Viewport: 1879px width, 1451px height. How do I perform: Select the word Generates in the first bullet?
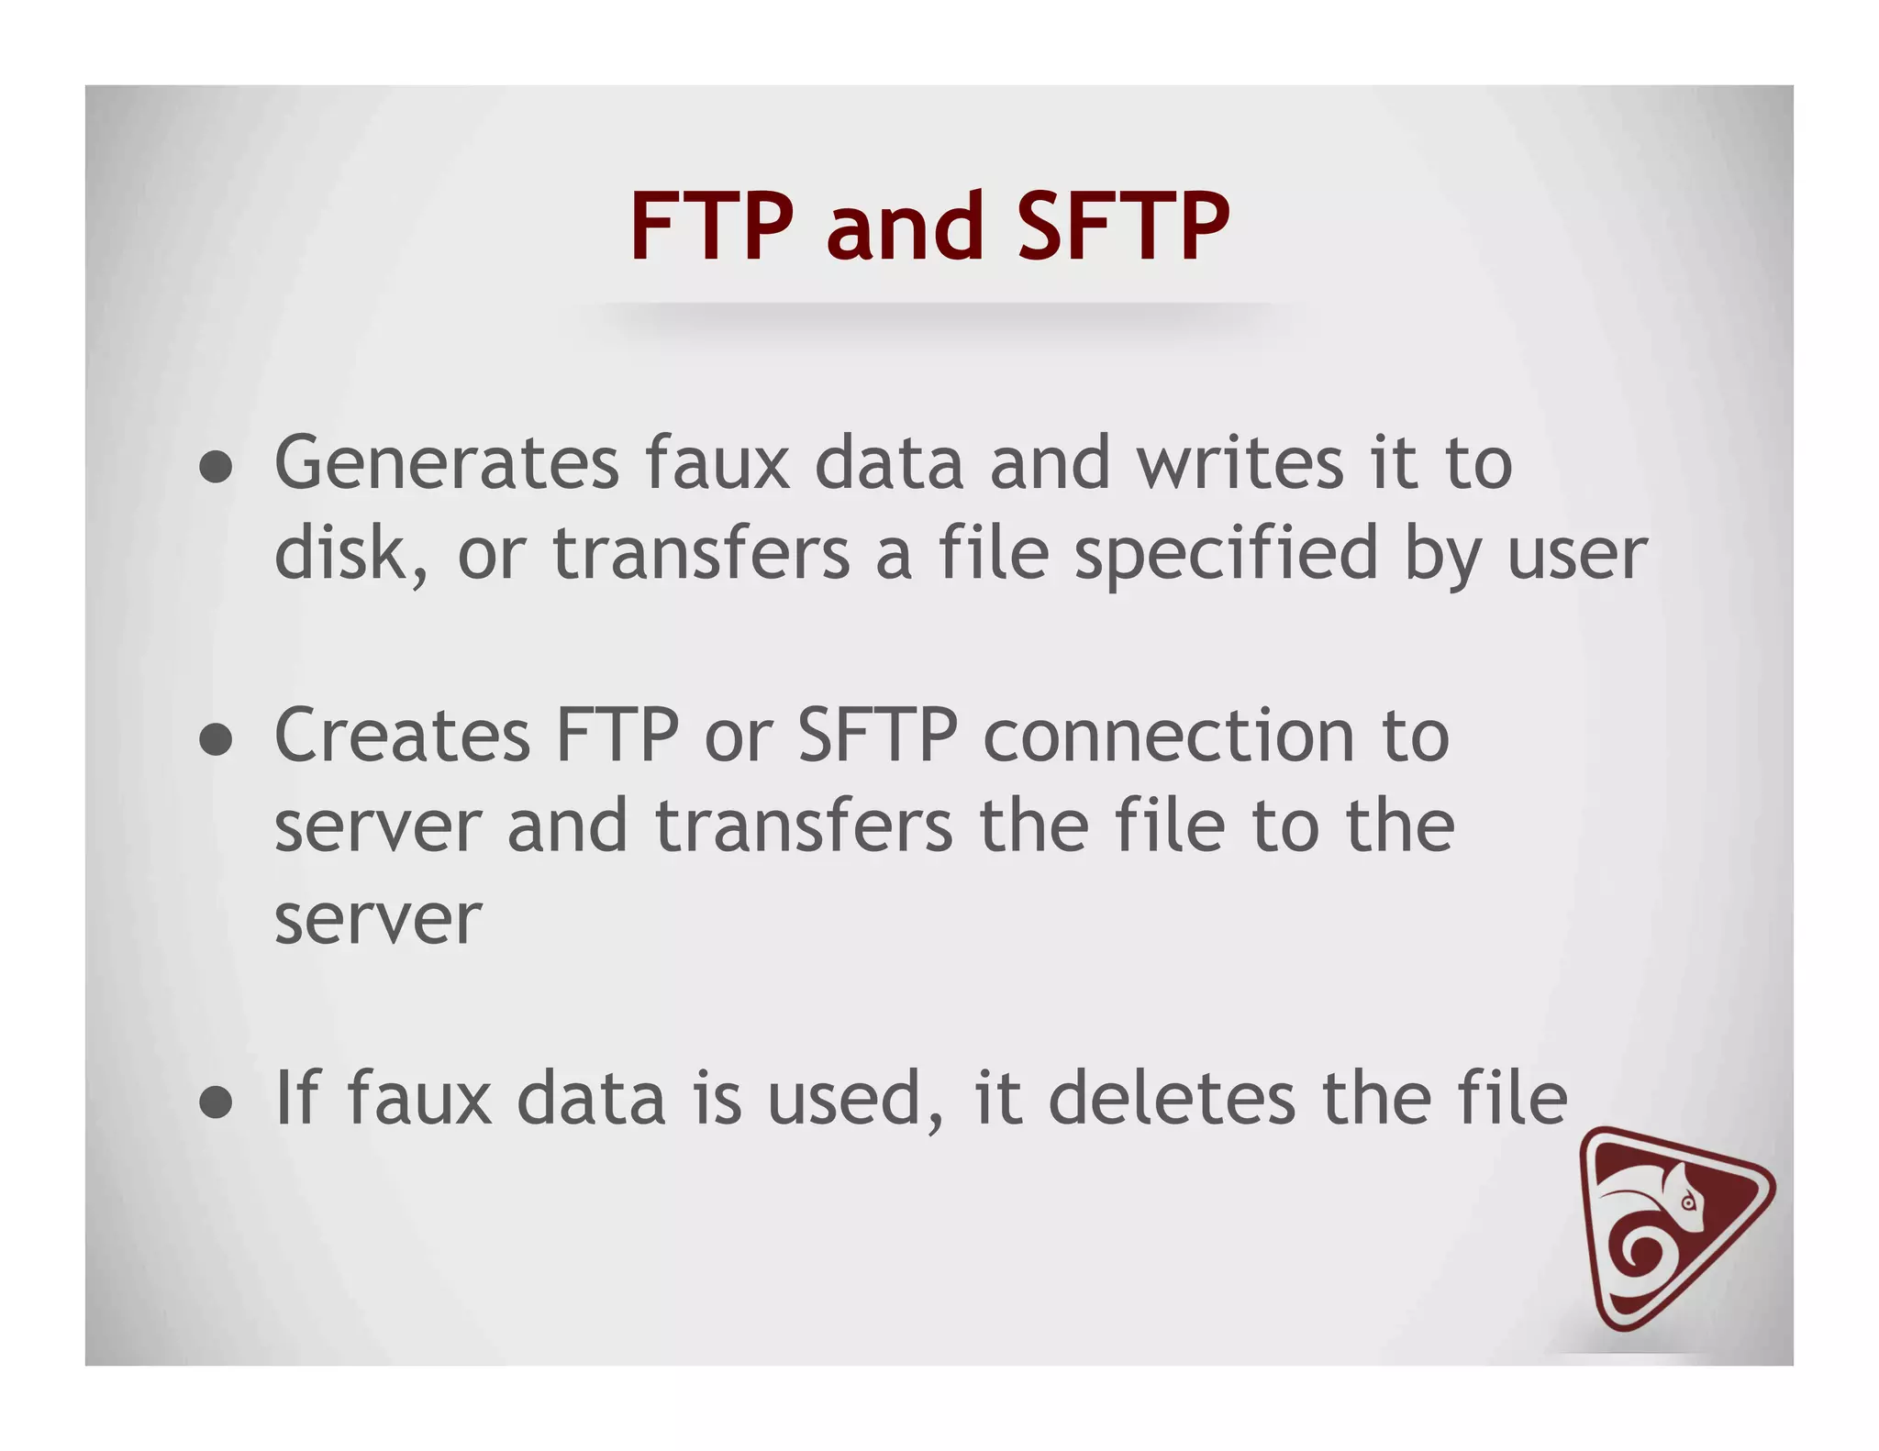point(447,463)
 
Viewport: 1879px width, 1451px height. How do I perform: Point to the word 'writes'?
point(1241,463)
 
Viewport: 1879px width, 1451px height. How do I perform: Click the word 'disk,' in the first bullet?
point(351,554)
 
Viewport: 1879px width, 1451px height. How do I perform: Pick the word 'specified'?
point(1226,554)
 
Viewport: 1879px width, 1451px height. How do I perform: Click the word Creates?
point(402,736)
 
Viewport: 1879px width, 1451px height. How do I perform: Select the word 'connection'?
point(1169,736)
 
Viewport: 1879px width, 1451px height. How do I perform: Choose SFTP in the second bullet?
point(878,736)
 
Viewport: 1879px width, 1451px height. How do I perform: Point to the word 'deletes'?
point(1172,1098)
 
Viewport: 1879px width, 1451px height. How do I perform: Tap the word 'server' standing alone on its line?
point(377,919)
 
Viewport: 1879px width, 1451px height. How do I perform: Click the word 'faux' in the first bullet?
point(717,463)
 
